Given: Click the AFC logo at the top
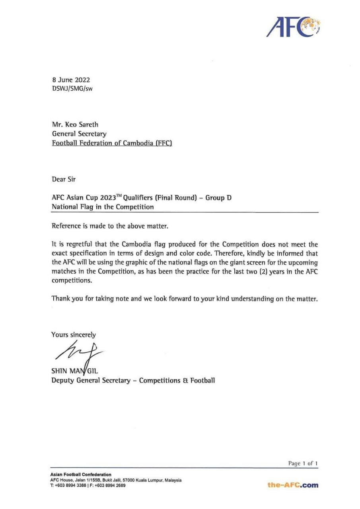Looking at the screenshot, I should coord(294,27).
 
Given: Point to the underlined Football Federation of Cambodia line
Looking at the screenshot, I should coord(112,143).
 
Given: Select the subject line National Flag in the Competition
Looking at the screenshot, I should coord(103,207).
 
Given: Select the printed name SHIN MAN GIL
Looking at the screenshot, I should coord(74,371).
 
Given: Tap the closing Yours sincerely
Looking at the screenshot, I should coord(74,335).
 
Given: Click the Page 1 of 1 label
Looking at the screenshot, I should coord(303,463).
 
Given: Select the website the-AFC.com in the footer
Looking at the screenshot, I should coord(293,485).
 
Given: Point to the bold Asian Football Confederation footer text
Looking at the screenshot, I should coord(81,474).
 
